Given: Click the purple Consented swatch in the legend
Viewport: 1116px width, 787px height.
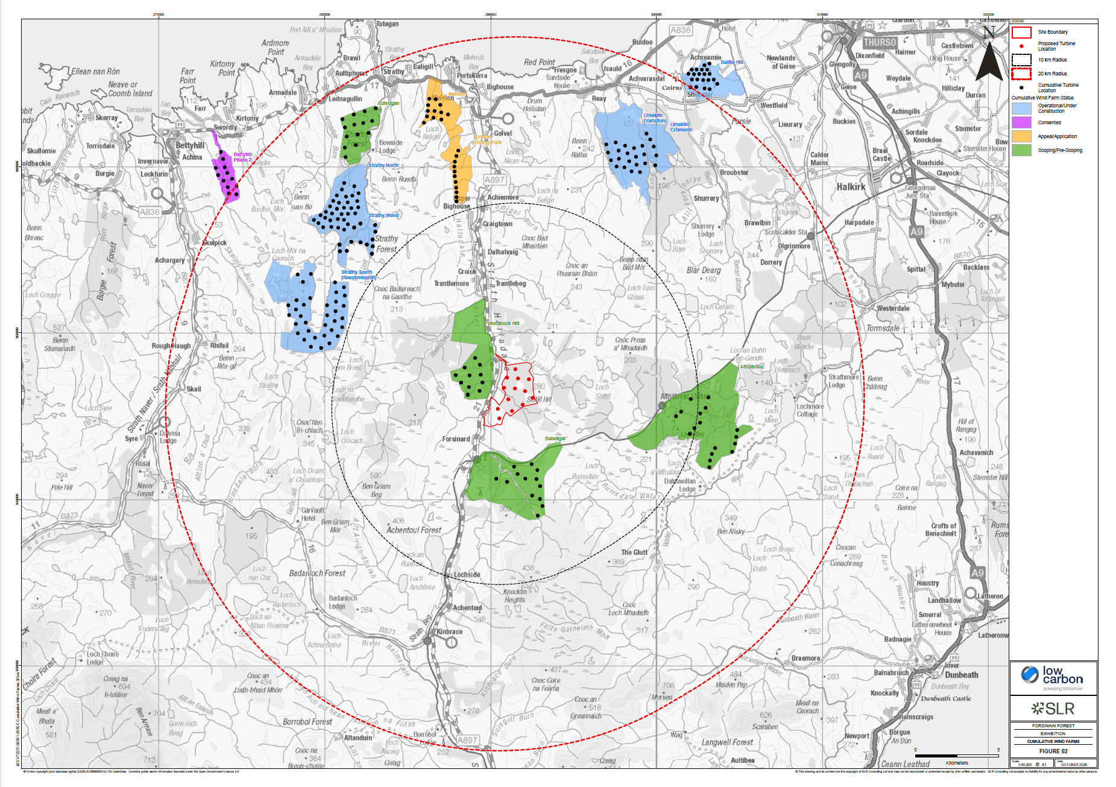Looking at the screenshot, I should click(1021, 122).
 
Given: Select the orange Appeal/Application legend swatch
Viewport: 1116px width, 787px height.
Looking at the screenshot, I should click(1021, 136).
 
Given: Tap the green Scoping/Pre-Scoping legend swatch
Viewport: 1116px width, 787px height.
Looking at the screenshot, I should click(1021, 150).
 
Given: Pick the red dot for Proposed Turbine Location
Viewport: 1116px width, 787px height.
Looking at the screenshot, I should click(1021, 46).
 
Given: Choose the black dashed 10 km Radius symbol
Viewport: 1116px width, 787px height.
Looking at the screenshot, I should click(1021, 60).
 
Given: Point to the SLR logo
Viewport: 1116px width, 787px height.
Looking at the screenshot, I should click(1053, 708).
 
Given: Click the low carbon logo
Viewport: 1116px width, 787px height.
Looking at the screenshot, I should click(1053, 678).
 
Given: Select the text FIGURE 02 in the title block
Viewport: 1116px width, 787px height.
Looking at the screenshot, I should click(1053, 751).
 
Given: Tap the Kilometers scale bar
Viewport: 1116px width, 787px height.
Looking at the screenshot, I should click(957, 756).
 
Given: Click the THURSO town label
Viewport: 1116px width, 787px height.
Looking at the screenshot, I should click(880, 43).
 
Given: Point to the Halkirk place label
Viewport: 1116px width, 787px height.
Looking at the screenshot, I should click(851, 187).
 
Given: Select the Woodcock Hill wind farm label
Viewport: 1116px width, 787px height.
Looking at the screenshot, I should click(503, 323).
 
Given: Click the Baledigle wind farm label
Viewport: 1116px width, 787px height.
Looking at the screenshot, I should click(555, 438).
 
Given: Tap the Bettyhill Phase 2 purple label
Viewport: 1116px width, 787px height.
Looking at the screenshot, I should click(243, 157).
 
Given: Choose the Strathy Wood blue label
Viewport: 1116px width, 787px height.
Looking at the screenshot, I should click(383, 215).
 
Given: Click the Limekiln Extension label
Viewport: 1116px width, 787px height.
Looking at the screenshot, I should click(681, 127).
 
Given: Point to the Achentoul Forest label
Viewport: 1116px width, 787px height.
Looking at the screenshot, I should click(414, 530).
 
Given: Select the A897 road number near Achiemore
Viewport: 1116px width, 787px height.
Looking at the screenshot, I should click(494, 180).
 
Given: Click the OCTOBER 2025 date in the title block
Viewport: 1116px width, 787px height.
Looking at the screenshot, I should click(1075, 764).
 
